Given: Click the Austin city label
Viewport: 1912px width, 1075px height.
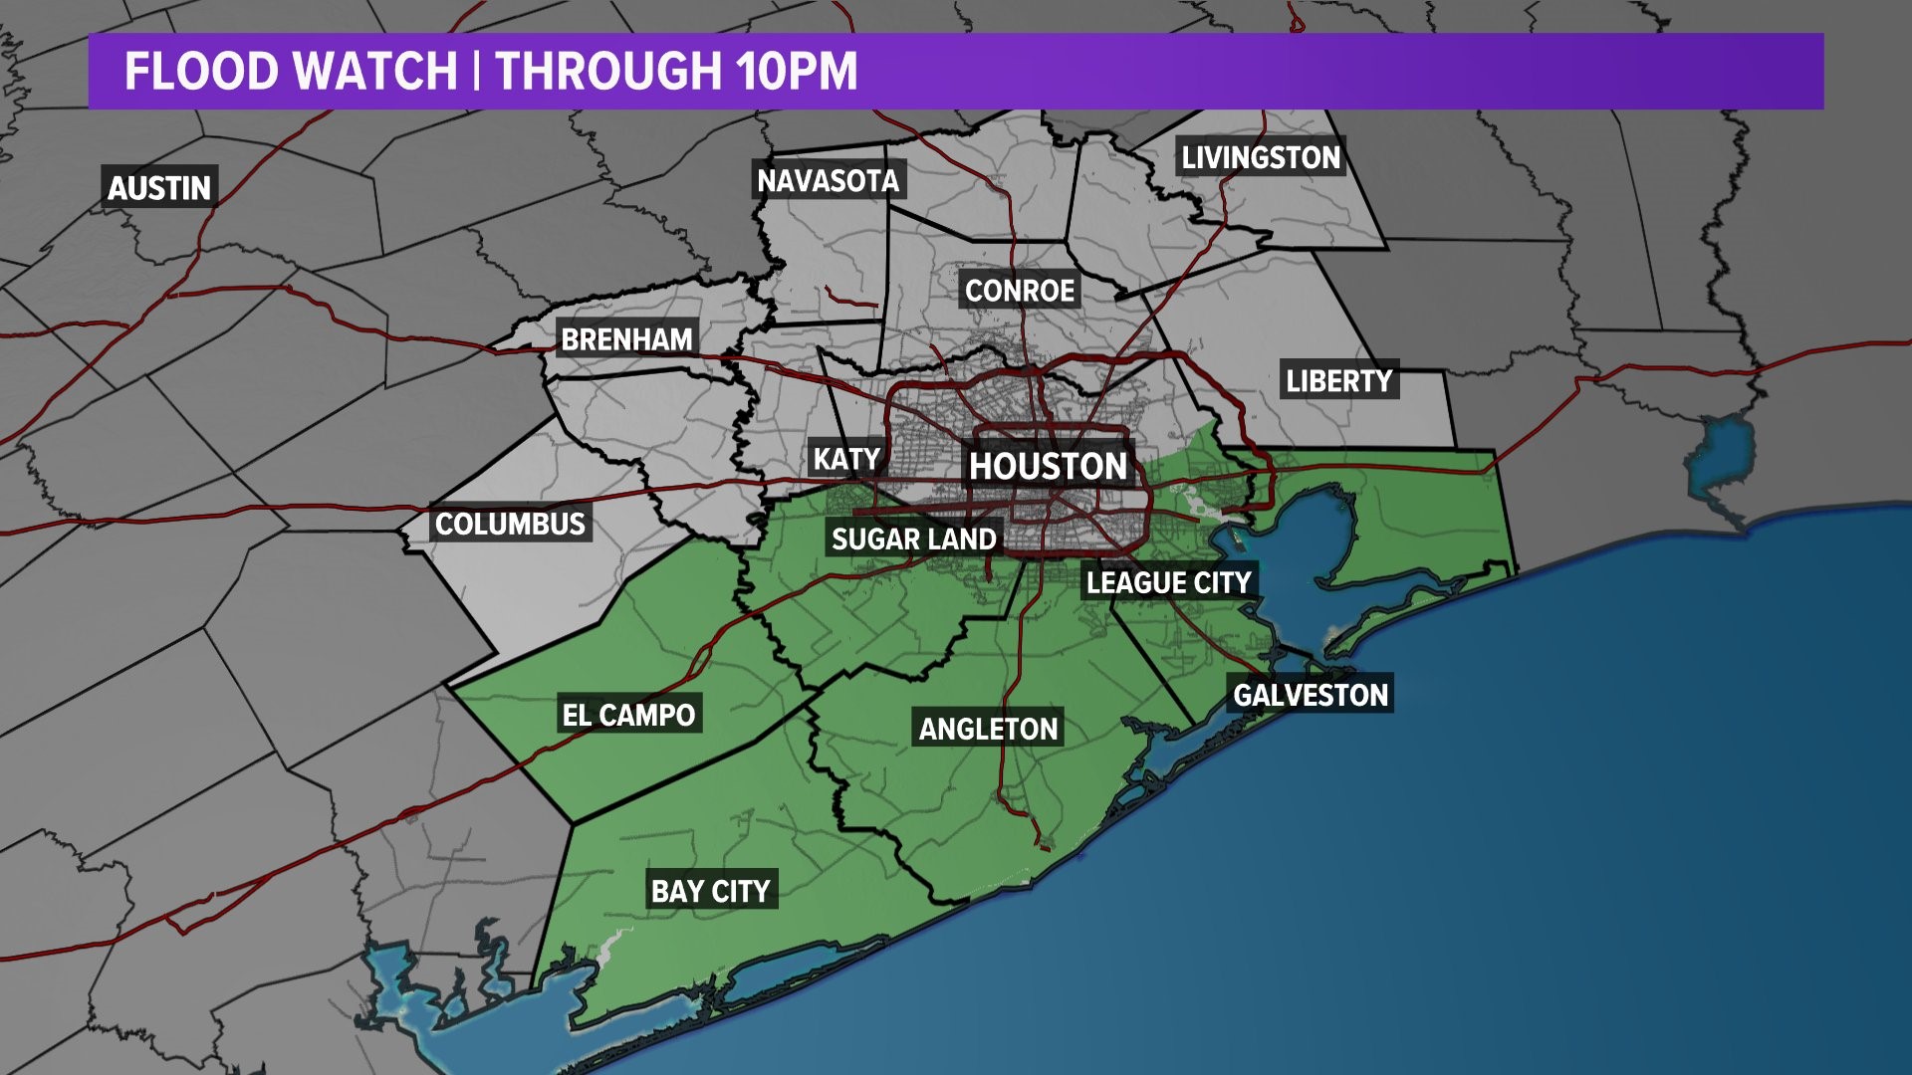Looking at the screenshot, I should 159,187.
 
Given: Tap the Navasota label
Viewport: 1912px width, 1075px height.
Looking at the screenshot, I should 828,180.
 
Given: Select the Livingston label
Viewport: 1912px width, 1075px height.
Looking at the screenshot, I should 1261,157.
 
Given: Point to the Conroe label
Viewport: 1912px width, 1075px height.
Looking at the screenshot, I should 1020,291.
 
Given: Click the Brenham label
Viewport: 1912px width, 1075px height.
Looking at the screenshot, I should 626,339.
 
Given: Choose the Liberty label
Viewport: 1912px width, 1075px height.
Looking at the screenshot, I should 1338,380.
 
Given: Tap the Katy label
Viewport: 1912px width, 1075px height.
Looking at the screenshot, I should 846,459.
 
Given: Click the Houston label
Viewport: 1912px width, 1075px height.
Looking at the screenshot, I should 1048,466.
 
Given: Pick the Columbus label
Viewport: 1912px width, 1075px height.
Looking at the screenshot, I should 510,524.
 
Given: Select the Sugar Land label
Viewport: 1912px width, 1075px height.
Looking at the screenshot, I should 913,539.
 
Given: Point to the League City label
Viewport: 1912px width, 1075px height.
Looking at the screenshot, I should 1168,582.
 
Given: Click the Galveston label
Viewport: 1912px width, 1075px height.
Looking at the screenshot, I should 1311,695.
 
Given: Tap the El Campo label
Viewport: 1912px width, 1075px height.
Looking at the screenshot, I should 628,715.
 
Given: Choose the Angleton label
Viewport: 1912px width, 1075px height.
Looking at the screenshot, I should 988,730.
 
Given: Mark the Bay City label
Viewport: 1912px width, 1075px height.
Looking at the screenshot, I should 710,891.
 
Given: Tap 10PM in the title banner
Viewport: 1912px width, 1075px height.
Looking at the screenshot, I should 797,72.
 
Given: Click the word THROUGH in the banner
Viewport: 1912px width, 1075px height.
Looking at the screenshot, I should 608,72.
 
